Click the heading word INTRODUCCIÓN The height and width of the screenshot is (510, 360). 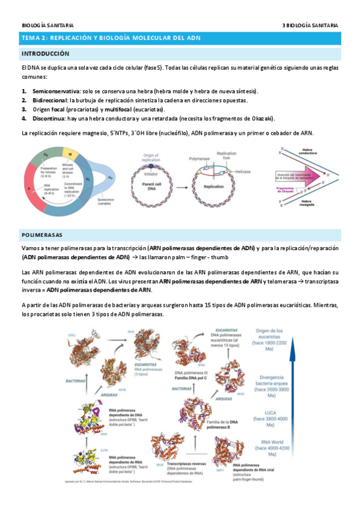(45, 54)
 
